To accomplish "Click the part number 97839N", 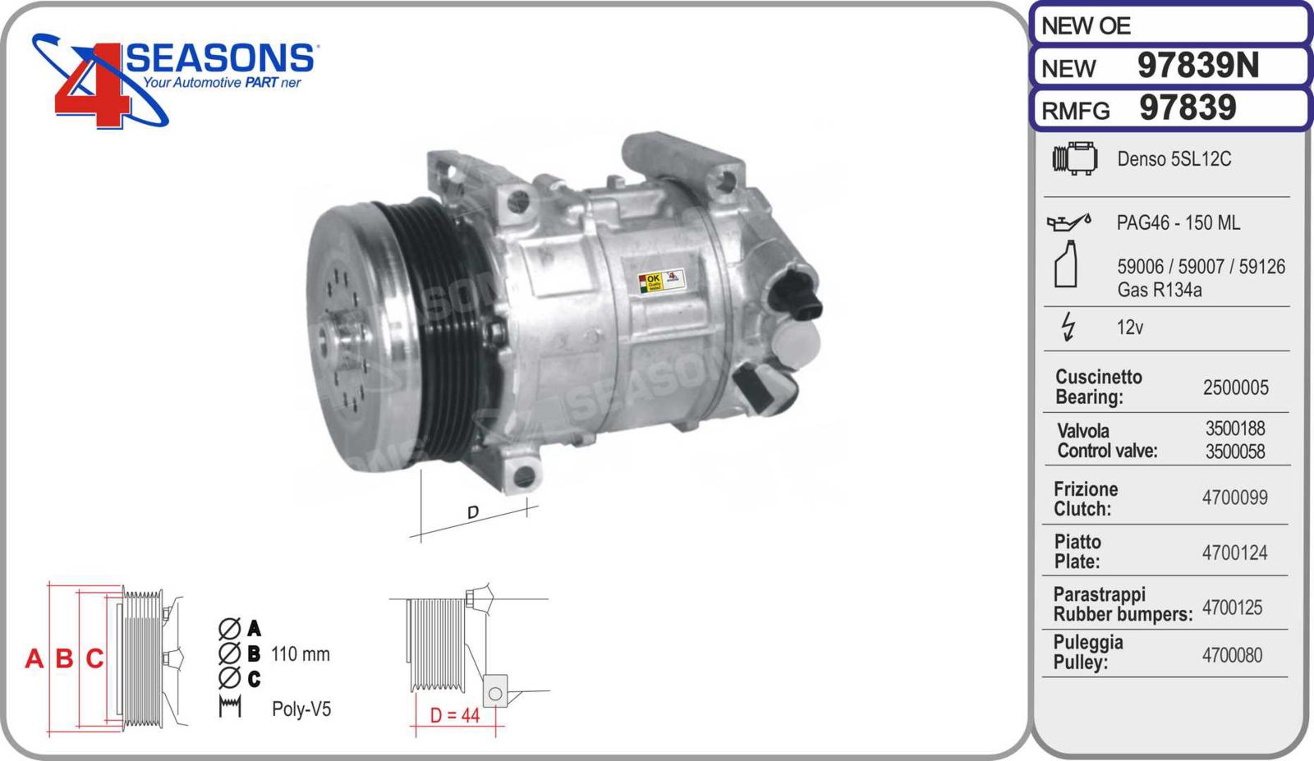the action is click(x=1198, y=65).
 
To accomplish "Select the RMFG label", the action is click(x=1075, y=110).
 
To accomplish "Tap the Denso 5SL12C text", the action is click(x=1174, y=159).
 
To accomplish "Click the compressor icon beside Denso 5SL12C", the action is click(x=1075, y=158).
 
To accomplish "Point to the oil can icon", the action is click(x=1068, y=222).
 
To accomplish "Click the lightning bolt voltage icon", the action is click(x=1068, y=327).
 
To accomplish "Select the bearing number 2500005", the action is click(x=1235, y=387).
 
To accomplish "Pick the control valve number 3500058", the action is click(x=1235, y=452).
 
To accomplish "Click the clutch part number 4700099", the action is click(x=1235, y=497).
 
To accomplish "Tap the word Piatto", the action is click(x=1077, y=542).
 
